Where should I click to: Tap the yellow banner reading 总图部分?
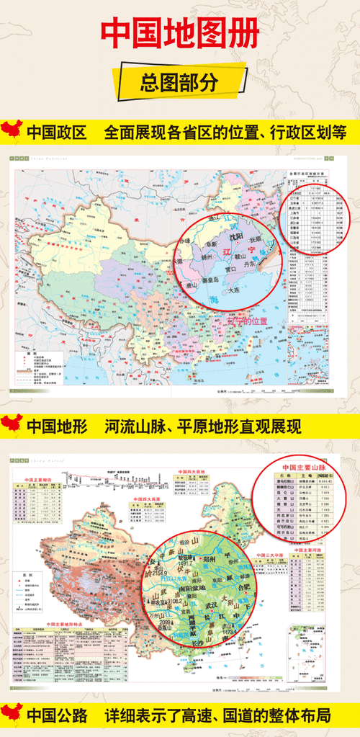(x=179, y=81)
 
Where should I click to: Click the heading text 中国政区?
(x=56, y=133)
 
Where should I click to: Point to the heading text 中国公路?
(x=56, y=717)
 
